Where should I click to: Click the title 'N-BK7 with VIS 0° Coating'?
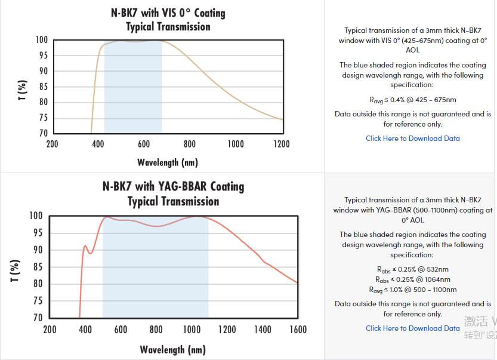pos(168,13)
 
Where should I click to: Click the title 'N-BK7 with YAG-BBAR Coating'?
pos(173,186)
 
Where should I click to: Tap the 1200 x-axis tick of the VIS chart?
pos(282,144)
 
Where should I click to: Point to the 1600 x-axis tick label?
pos(298,329)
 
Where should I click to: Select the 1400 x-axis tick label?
pos(263,329)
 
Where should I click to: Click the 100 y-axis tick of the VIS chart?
pos(41,40)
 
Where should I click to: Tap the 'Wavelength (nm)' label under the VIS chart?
pos(168,162)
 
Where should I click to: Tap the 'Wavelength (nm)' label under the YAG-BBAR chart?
pos(172,349)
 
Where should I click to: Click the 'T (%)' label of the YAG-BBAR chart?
pos(16,270)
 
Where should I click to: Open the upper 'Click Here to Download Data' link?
pos(413,139)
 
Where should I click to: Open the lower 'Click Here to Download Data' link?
pos(413,328)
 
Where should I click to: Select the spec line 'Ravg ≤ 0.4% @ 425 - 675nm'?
pos(413,100)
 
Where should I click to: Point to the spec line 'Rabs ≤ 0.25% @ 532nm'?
pos(413,269)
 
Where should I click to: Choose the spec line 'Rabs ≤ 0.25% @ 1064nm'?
pos(413,279)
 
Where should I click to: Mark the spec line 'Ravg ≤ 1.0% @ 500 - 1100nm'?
pos(413,290)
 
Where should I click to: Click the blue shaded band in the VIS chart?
pos(133,90)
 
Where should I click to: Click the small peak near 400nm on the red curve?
pos(85,246)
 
